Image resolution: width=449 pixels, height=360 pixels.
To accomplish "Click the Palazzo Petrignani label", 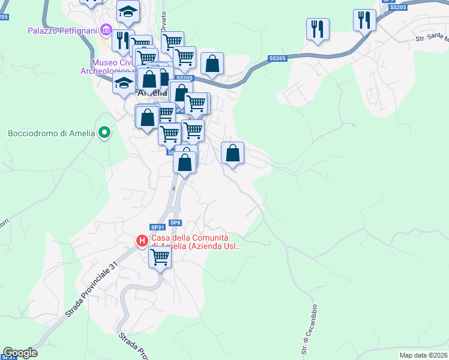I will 62,29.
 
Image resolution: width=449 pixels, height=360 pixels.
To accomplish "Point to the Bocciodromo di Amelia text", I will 52,133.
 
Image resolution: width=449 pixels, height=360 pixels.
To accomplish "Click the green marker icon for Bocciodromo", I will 104,132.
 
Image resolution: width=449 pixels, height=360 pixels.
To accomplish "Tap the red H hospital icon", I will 142,241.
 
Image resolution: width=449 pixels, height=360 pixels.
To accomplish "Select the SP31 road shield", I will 157,227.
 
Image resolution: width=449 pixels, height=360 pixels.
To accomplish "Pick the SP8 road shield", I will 175,223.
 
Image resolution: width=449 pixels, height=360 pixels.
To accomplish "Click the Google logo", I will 20,353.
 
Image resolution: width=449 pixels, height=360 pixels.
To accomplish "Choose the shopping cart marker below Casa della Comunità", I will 160,257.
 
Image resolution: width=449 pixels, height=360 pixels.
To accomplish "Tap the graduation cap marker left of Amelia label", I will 124,83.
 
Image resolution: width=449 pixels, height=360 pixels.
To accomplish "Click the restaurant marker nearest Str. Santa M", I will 364,20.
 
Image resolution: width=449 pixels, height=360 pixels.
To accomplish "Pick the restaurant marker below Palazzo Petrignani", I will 122,40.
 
